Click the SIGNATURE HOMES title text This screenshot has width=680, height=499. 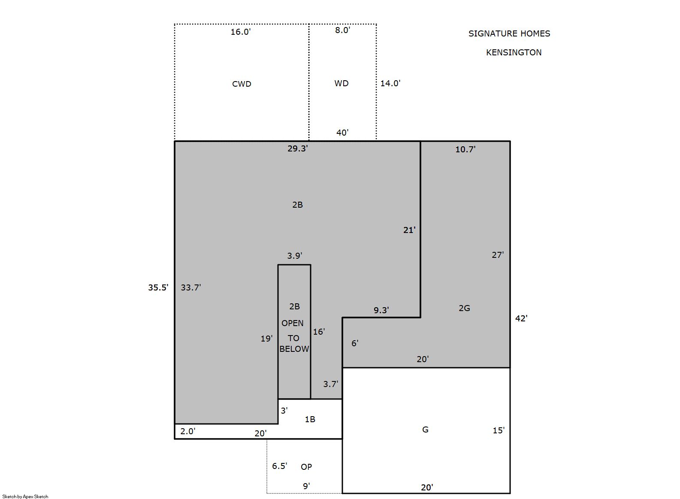pyautogui.click(x=509, y=33)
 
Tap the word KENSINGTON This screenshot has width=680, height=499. pyautogui.click(x=514, y=52)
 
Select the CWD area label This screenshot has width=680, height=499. pyautogui.click(x=242, y=84)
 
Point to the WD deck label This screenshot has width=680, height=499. pyautogui.click(x=342, y=84)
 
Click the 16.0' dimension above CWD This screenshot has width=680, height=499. pyautogui.click(x=241, y=32)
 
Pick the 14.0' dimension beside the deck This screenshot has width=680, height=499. pyautogui.click(x=390, y=83)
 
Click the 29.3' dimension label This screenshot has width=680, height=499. pyautogui.click(x=298, y=148)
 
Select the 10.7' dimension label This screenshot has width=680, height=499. pyautogui.click(x=465, y=149)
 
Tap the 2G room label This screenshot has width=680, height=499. pyautogui.click(x=465, y=308)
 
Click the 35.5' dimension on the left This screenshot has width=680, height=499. pyautogui.click(x=158, y=287)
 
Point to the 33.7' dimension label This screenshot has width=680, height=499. pyautogui.click(x=191, y=287)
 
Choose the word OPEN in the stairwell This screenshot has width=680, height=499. pyautogui.click(x=292, y=323)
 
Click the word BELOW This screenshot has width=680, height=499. pyautogui.click(x=294, y=349)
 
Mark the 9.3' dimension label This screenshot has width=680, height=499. pyautogui.click(x=381, y=310)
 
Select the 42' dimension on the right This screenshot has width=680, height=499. pyautogui.click(x=521, y=318)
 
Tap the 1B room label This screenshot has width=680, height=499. pyautogui.click(x=310, y=419)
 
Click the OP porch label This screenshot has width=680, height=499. pyautogui.click(x=306, y=467)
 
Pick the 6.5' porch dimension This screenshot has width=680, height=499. pyautogui.click(x=280, y=466)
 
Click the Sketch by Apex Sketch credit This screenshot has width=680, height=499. pyautogui.click(x=25, y=496)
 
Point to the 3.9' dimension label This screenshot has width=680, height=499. pyautogui.click(x=295, y=256)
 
